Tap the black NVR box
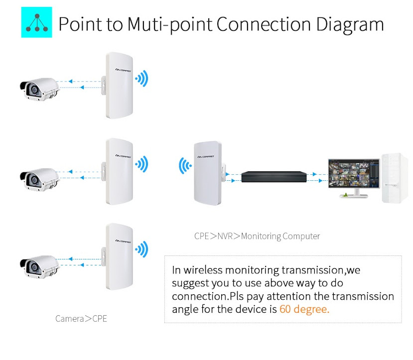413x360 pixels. (273, 176)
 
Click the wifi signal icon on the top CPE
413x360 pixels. (142, 79)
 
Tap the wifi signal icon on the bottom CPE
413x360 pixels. (142, 249)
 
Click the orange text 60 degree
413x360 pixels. (304, 309)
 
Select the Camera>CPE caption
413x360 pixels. (81, 318)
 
